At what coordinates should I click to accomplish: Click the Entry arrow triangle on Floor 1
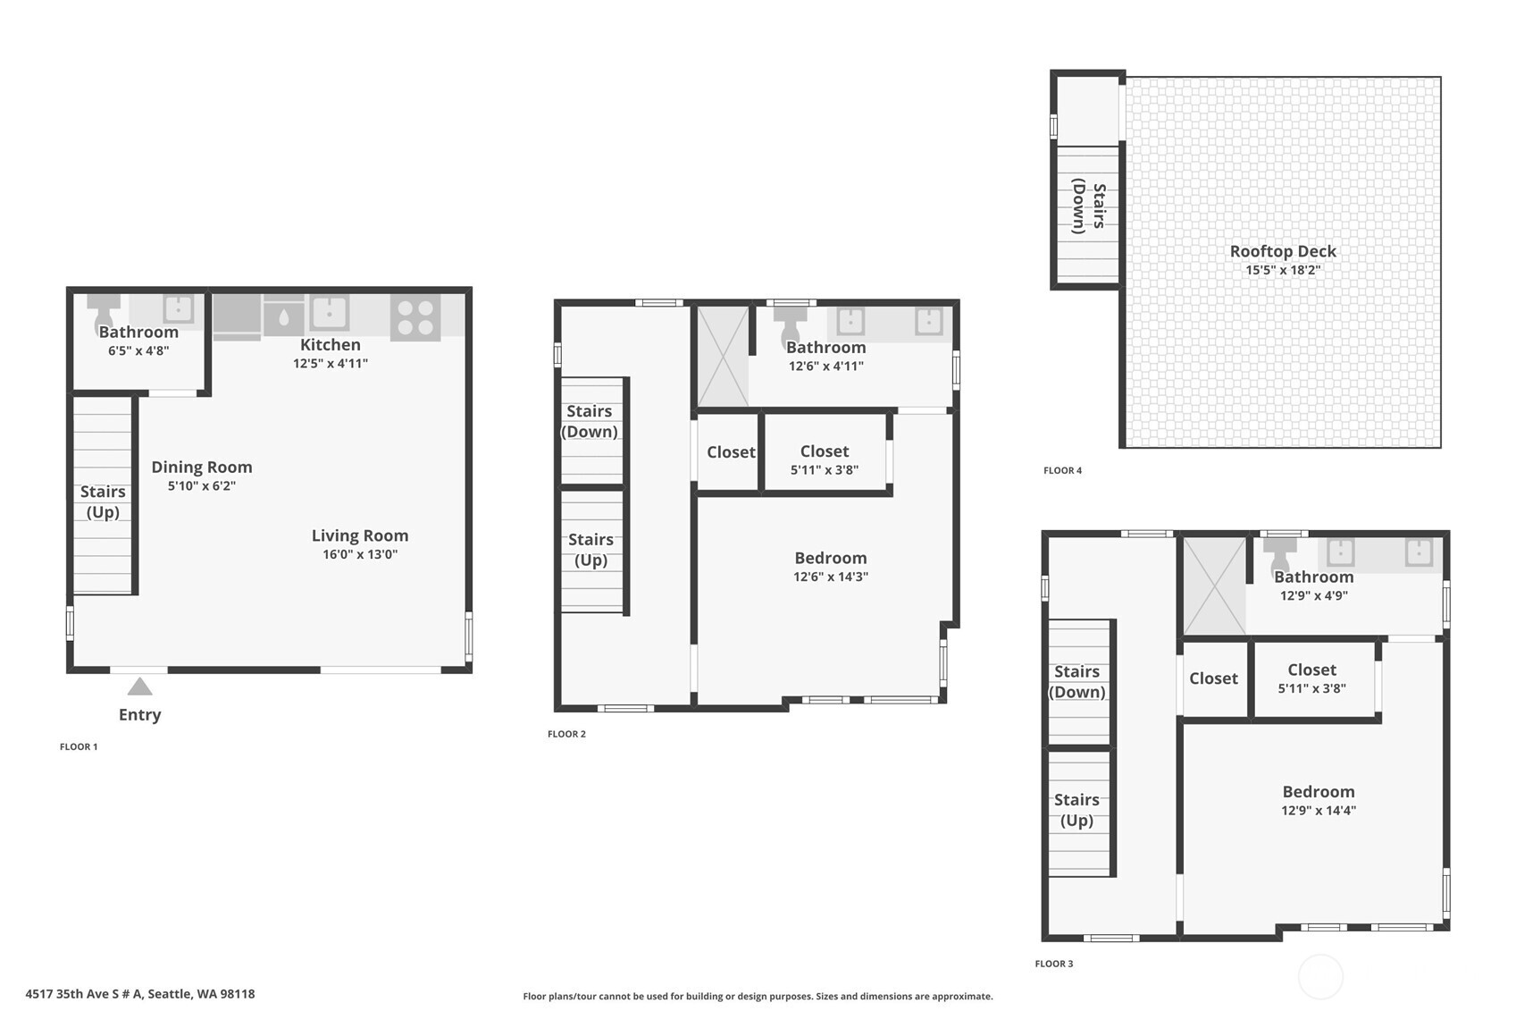point(139,687)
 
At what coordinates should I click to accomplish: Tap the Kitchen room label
point(330,345)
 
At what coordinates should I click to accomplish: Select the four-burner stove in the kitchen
point(415,317)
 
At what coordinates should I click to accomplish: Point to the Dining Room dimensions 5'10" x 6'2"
point(201,486)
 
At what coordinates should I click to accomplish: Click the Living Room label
point(359,535)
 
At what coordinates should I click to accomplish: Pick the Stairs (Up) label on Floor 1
point(103,501)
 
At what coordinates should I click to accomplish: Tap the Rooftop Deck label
point(1282,251)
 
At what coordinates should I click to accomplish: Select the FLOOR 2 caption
point(566,734)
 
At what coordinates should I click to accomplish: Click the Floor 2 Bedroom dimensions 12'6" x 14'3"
point(830,577)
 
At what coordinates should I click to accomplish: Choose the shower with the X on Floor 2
point(722,356)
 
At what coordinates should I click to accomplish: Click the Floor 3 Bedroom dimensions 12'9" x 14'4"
point(1318,811)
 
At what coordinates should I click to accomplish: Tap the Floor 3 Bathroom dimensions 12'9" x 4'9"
point(1313,595)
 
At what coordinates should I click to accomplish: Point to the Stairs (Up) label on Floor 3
point(1076,810)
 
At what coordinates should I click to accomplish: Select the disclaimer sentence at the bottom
point(758,996)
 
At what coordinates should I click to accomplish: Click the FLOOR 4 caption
point(1062,470)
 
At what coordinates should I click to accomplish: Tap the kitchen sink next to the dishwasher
point(329,312)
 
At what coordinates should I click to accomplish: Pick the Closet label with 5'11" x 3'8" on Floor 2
point(824,451)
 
